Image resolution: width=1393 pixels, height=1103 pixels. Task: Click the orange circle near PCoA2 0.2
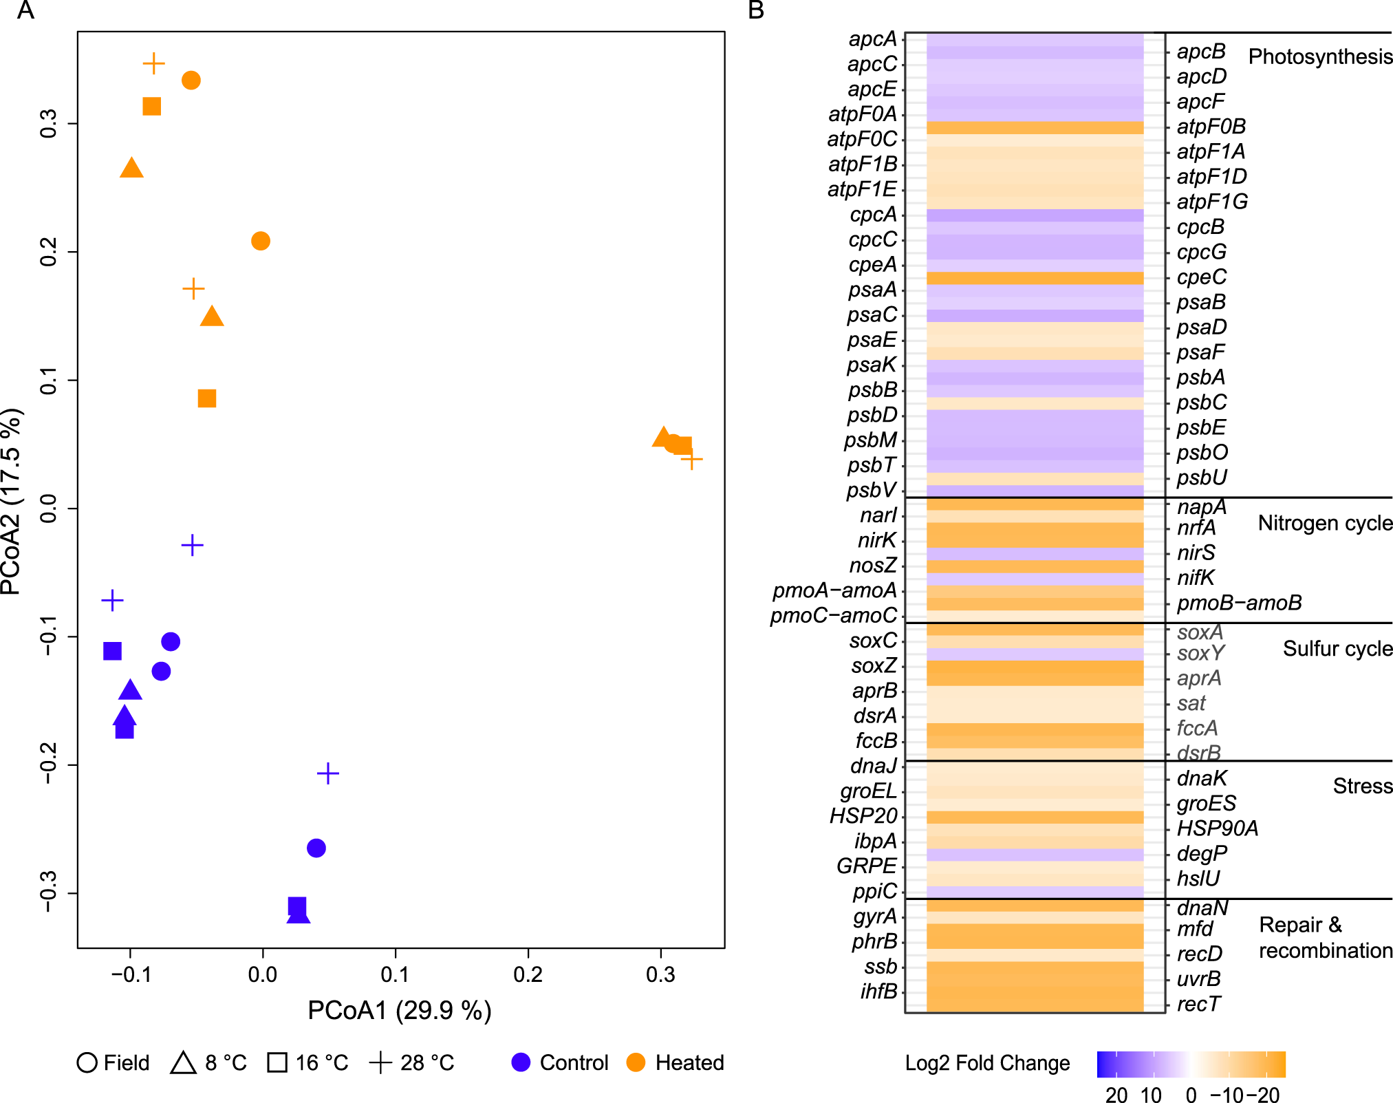[x=260, y=241]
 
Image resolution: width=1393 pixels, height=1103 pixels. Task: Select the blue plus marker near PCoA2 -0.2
[x=328, y=773]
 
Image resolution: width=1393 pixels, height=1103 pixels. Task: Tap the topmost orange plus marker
[x=154, y=63]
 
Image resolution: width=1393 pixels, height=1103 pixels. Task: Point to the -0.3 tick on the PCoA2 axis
[x=48, y=893]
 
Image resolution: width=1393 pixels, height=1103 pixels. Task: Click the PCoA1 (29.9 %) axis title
[x=399, y=1010]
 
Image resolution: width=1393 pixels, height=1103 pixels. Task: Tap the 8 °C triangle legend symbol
[x=184, y=1062]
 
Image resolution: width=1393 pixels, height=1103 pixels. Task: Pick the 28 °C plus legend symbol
[x=380, y=1062]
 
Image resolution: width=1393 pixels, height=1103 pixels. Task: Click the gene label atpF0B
[x=1211, y=127]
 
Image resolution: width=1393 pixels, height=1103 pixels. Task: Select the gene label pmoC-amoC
[x=834, y=615]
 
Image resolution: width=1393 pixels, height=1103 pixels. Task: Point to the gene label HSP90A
[x=1217, y=828]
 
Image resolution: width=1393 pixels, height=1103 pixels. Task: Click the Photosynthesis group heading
[x=1319, y=56]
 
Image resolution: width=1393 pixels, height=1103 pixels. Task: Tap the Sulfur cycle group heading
[x=1337, y=648]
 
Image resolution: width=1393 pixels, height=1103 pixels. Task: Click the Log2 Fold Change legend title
[x=986, y=1063]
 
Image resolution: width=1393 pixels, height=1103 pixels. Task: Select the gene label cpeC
[x=1201, y=277]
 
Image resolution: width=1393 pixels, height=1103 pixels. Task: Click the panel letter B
[x=756, y=10]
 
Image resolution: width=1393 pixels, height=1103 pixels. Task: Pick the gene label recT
[x=1198, y=1004]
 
